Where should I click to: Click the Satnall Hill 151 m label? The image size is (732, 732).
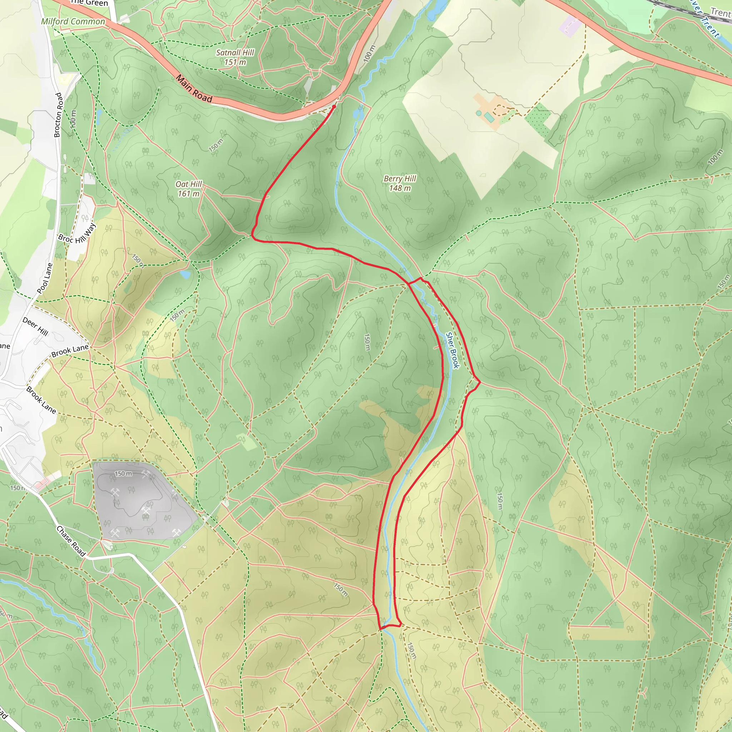point(235,57)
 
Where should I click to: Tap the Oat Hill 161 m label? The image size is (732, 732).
point(189,189)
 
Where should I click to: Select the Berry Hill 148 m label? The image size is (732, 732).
point(400,183)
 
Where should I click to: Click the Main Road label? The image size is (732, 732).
point(194,89)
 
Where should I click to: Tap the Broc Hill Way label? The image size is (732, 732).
point(77,234)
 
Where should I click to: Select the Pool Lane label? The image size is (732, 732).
point(45,278)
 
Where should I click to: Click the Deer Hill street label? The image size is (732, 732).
point(35,327)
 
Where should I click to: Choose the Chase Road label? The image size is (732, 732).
point(71,541)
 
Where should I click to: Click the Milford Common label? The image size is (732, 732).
point(73,21)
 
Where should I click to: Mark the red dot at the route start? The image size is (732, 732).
point(334,107)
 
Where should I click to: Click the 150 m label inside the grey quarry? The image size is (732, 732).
point(124,474)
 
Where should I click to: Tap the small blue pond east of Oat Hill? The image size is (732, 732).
point(185,274)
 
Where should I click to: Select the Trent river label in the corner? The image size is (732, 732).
point(720,12)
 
